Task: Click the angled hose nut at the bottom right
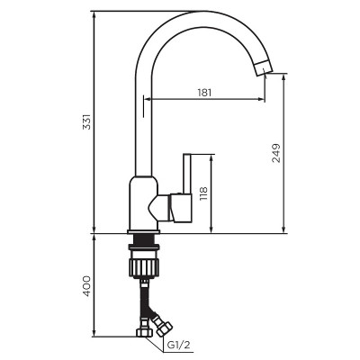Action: [162, 322]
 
